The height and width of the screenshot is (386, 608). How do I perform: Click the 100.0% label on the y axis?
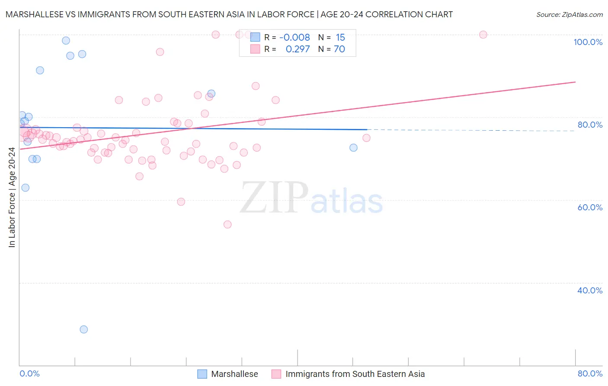coord(588,42)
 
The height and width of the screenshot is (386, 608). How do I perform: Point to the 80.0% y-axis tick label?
coord(590,125)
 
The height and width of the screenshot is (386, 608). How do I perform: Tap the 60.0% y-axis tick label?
coord(590,207)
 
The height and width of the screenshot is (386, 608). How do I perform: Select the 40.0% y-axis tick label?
coord(590,290)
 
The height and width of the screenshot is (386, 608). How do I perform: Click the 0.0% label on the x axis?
coord(29,373)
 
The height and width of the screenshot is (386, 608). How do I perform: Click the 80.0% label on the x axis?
coord(590,373)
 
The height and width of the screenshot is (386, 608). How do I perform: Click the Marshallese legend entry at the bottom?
coord(234,374)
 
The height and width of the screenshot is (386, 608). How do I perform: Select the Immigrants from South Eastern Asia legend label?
coord(355,374)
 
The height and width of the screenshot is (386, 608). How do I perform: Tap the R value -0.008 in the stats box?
coord(294,38)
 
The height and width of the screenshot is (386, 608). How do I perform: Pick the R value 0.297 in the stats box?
coord(298,49)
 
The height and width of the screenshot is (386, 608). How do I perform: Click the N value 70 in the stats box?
coord(339,49)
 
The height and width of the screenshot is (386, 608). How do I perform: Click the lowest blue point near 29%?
coord(84,329)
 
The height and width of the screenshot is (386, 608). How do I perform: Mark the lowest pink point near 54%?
coord(227,224)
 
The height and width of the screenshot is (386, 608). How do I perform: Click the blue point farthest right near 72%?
coord(353,148)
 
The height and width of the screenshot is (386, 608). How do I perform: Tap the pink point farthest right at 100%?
coord(483,35)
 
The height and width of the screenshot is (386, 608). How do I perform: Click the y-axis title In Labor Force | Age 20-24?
coord(12,197)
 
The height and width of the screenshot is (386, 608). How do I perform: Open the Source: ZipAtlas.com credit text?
coord(569,14)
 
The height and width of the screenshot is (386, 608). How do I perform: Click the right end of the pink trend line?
coord(575,82)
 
